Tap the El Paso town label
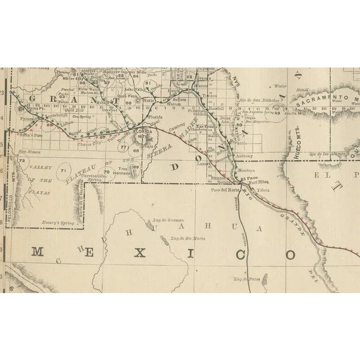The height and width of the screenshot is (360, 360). [x=247, y=179]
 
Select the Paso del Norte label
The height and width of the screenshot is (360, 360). [x=223, y=190]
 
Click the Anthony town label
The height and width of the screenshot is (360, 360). [x=244, y=156]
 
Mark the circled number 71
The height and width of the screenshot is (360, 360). [x=64, y=170]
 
